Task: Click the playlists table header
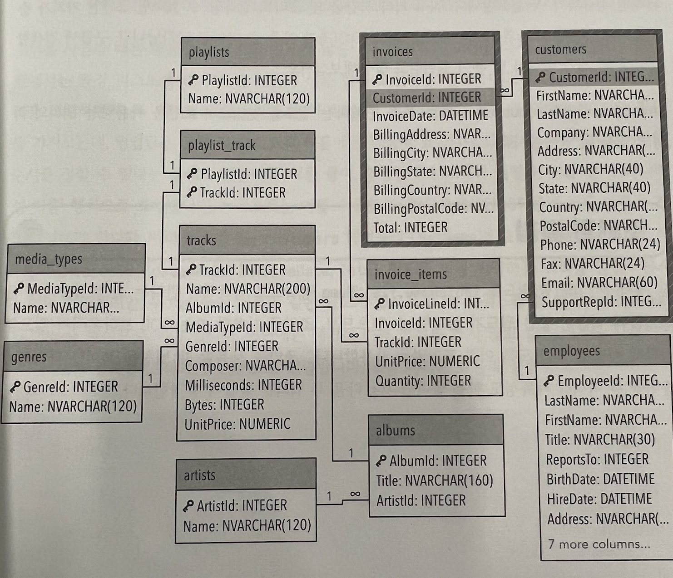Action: tap(247, 52)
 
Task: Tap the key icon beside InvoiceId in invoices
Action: tap(377, 80)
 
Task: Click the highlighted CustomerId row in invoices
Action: tap(427, 97)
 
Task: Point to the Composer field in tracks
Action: tap(245, 366)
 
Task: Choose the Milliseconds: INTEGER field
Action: tap(243, 385)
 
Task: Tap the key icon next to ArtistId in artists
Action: tap(188, 506)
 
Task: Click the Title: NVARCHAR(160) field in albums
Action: tap(434, 480)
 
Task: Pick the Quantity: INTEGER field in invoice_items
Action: tap(423, 381)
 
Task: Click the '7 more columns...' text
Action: tap(599, 544)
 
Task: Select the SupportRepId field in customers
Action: tap(601, 302)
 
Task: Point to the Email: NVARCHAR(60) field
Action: tap(599, 283)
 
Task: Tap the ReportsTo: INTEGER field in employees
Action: tap(597, 459)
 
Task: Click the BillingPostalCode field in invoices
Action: tap(433, 209)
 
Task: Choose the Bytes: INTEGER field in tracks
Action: tap(224, 405)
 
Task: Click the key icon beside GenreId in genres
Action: tap(15, 387)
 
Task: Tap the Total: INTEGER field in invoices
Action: tap(410, 227)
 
